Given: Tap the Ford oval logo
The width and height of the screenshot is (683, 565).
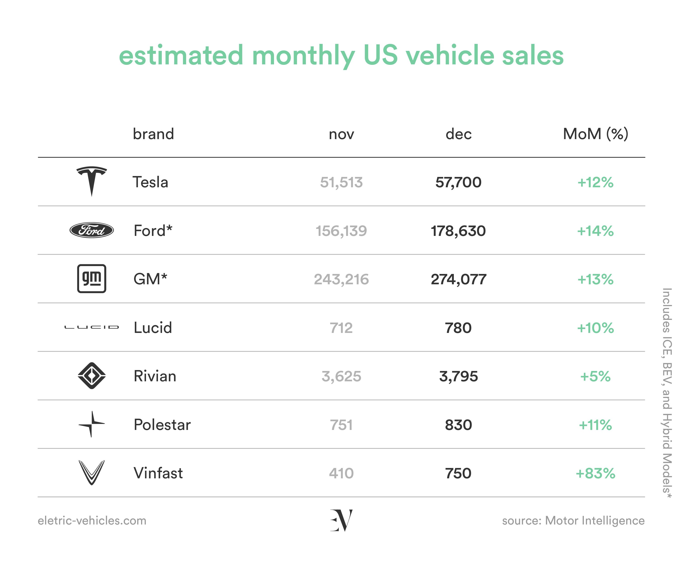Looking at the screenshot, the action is (92, 230).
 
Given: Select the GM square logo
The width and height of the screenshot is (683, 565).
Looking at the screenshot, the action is (92, 279).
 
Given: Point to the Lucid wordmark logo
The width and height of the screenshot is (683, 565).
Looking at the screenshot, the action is (92, 327).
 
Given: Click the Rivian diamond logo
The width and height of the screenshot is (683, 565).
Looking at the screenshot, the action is (92, 376).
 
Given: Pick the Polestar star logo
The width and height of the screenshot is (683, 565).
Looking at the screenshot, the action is (92, 424).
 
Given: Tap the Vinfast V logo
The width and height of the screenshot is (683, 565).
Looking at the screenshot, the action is (92, 473).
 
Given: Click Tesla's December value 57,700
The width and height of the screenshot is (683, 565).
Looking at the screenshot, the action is (458, 182).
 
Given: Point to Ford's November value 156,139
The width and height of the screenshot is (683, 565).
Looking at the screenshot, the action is (341, 231).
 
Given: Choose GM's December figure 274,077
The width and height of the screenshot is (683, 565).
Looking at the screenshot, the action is (458, 279).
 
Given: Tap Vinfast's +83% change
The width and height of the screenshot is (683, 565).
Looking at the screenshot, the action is (596, 473).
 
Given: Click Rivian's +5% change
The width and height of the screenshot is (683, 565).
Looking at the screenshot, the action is (596, 377).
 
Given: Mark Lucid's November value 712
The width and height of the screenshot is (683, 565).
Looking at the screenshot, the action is (341, 328).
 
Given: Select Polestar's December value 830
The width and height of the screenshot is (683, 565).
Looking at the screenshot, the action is (458, 425).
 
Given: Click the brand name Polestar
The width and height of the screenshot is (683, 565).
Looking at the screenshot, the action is (162, 425).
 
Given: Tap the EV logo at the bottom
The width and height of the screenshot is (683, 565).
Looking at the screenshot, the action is (341, 520).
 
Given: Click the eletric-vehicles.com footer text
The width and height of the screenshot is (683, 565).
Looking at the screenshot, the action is (92, 521).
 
